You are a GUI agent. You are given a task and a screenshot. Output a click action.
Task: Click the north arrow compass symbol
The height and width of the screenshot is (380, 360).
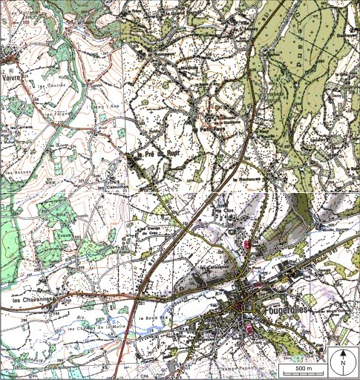(x=344, y=361)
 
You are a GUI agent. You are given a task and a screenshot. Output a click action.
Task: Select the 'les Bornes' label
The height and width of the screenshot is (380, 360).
(x=16, y=174)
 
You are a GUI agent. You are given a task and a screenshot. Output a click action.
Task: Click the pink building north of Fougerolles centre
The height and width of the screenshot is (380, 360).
(x=247, y=243)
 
